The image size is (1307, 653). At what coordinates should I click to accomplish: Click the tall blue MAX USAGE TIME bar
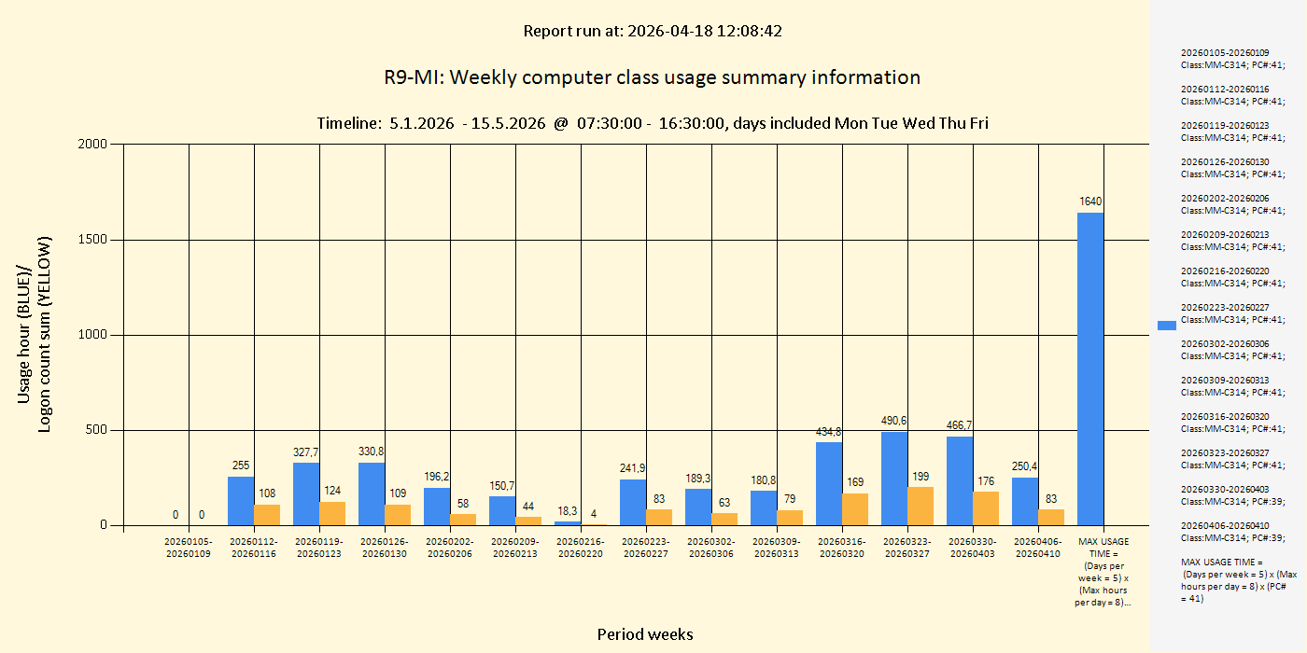[x=1090, y=368]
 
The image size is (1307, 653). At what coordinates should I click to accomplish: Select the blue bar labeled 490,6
[x=894, y=479]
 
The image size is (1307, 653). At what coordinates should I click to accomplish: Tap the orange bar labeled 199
[x=921, y=506]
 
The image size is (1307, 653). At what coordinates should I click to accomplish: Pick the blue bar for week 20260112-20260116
[x=241, y=501]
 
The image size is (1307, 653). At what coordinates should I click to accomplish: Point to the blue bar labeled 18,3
[x=568, y=523]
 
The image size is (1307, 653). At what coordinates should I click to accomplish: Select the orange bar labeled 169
[x=855, y=509]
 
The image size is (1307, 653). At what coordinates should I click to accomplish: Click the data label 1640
[x=1090, y=201]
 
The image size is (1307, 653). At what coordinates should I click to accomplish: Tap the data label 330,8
[x=372, y=452]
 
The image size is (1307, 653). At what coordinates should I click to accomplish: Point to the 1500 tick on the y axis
[x=94, y=240]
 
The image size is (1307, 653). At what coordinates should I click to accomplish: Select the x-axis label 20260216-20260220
[x=581, y=548]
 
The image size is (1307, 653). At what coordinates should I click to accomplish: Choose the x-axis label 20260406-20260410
[x=1038, y=548]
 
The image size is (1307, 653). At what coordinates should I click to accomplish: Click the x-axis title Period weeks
[x=645, y=634]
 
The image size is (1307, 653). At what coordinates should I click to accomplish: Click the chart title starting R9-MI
[x=652, y=77]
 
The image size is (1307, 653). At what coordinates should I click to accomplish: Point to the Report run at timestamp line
[x=652, y=31]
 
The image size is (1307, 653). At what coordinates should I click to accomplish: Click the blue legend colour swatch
[x=1167, y=326]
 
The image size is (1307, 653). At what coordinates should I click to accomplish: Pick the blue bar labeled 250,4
[x=1025, y=501]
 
